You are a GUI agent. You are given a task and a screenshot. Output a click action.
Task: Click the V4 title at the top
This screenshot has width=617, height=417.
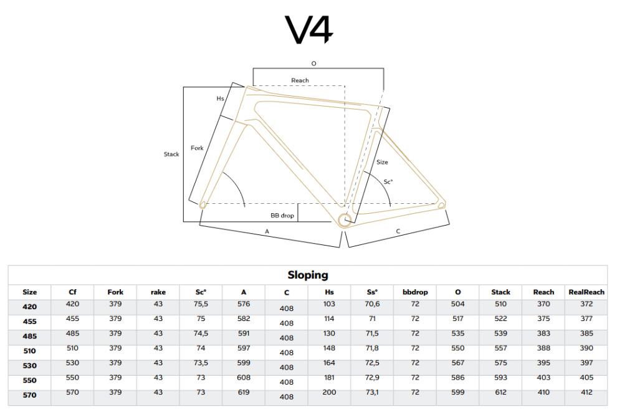click(x=309, y=29)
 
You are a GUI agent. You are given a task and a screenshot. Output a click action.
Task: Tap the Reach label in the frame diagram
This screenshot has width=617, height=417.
click(x=300, y=80)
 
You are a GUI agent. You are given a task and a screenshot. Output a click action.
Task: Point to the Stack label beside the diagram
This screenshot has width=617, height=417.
click(x=171, y=154)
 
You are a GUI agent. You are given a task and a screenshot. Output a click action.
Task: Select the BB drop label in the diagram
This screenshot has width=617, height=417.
click(x=282, y=216)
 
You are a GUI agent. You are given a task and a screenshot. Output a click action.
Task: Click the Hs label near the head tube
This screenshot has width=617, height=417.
click(x=221, y=98)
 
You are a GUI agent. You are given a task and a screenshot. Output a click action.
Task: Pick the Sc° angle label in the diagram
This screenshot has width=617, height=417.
click(x=388, y=182)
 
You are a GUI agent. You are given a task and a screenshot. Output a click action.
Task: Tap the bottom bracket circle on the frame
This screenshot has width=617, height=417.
click(x=345, y=220)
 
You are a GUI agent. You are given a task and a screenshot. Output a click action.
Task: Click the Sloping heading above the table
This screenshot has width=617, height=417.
click(x=308, y=275)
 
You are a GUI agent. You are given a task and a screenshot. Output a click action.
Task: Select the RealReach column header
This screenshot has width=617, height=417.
click(x=586, y=292)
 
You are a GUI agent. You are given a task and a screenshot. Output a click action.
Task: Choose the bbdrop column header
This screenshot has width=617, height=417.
click(x=415, y=292)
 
